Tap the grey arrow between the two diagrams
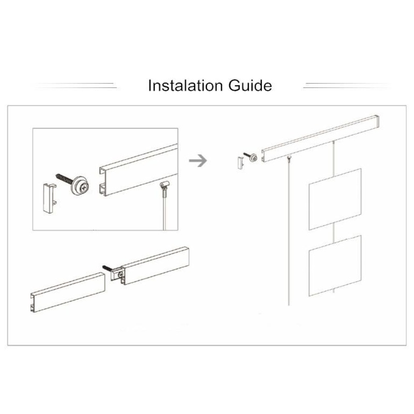(x=197, y=161)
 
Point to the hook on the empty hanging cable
(x=287, y=157)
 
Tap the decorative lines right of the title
(x=347, y=85)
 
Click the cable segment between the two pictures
(x=334, y=232)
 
